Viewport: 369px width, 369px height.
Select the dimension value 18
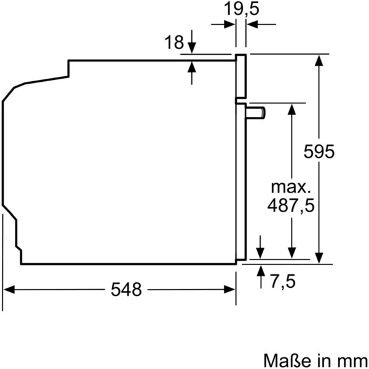point(175,42)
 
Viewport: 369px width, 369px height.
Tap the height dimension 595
point(320,151)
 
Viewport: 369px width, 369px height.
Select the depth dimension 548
point(126,289)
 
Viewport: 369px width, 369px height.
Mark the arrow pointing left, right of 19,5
point(252,25)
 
